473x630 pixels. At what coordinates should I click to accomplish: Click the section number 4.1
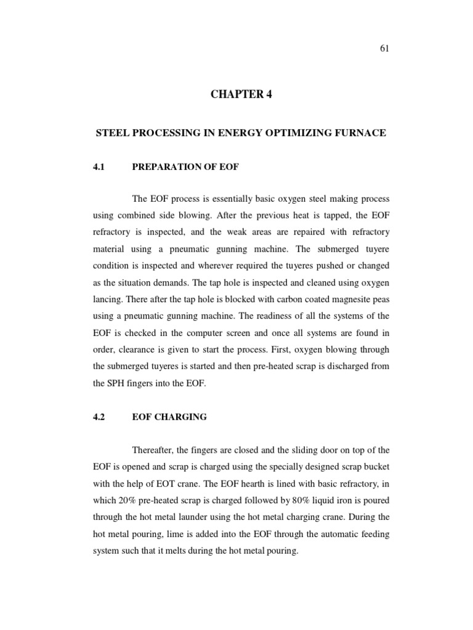click(x=99, y=167)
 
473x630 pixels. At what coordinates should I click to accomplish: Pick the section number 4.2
click(x=99, y=417)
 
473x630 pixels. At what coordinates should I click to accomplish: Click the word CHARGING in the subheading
click(x=182, y=417)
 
